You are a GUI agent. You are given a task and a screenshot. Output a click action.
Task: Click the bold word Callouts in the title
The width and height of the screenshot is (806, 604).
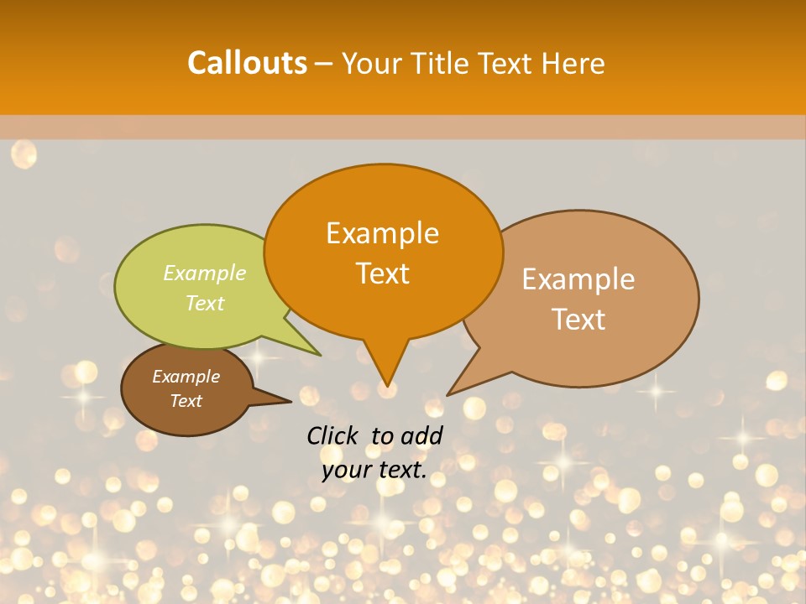247,63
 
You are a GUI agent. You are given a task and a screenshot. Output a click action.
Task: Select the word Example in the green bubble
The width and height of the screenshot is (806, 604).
205,273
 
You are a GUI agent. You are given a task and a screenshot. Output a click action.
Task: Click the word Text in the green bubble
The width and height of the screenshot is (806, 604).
205,303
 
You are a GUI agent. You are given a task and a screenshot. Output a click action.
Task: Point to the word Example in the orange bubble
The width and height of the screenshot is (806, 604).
382,233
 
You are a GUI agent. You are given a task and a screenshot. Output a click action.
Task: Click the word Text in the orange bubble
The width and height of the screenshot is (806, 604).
382,273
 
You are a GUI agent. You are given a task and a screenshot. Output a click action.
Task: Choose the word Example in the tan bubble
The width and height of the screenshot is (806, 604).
578,279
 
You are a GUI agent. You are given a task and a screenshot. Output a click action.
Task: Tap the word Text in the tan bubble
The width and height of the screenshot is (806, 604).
578,320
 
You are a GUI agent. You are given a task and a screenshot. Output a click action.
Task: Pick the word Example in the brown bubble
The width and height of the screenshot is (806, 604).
186,377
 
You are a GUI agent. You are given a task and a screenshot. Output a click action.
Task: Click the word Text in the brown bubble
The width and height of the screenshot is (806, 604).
186,401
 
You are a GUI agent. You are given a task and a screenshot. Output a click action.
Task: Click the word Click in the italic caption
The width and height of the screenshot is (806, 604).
332,435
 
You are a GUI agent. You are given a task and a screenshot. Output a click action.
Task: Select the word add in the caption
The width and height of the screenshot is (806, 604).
421,435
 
